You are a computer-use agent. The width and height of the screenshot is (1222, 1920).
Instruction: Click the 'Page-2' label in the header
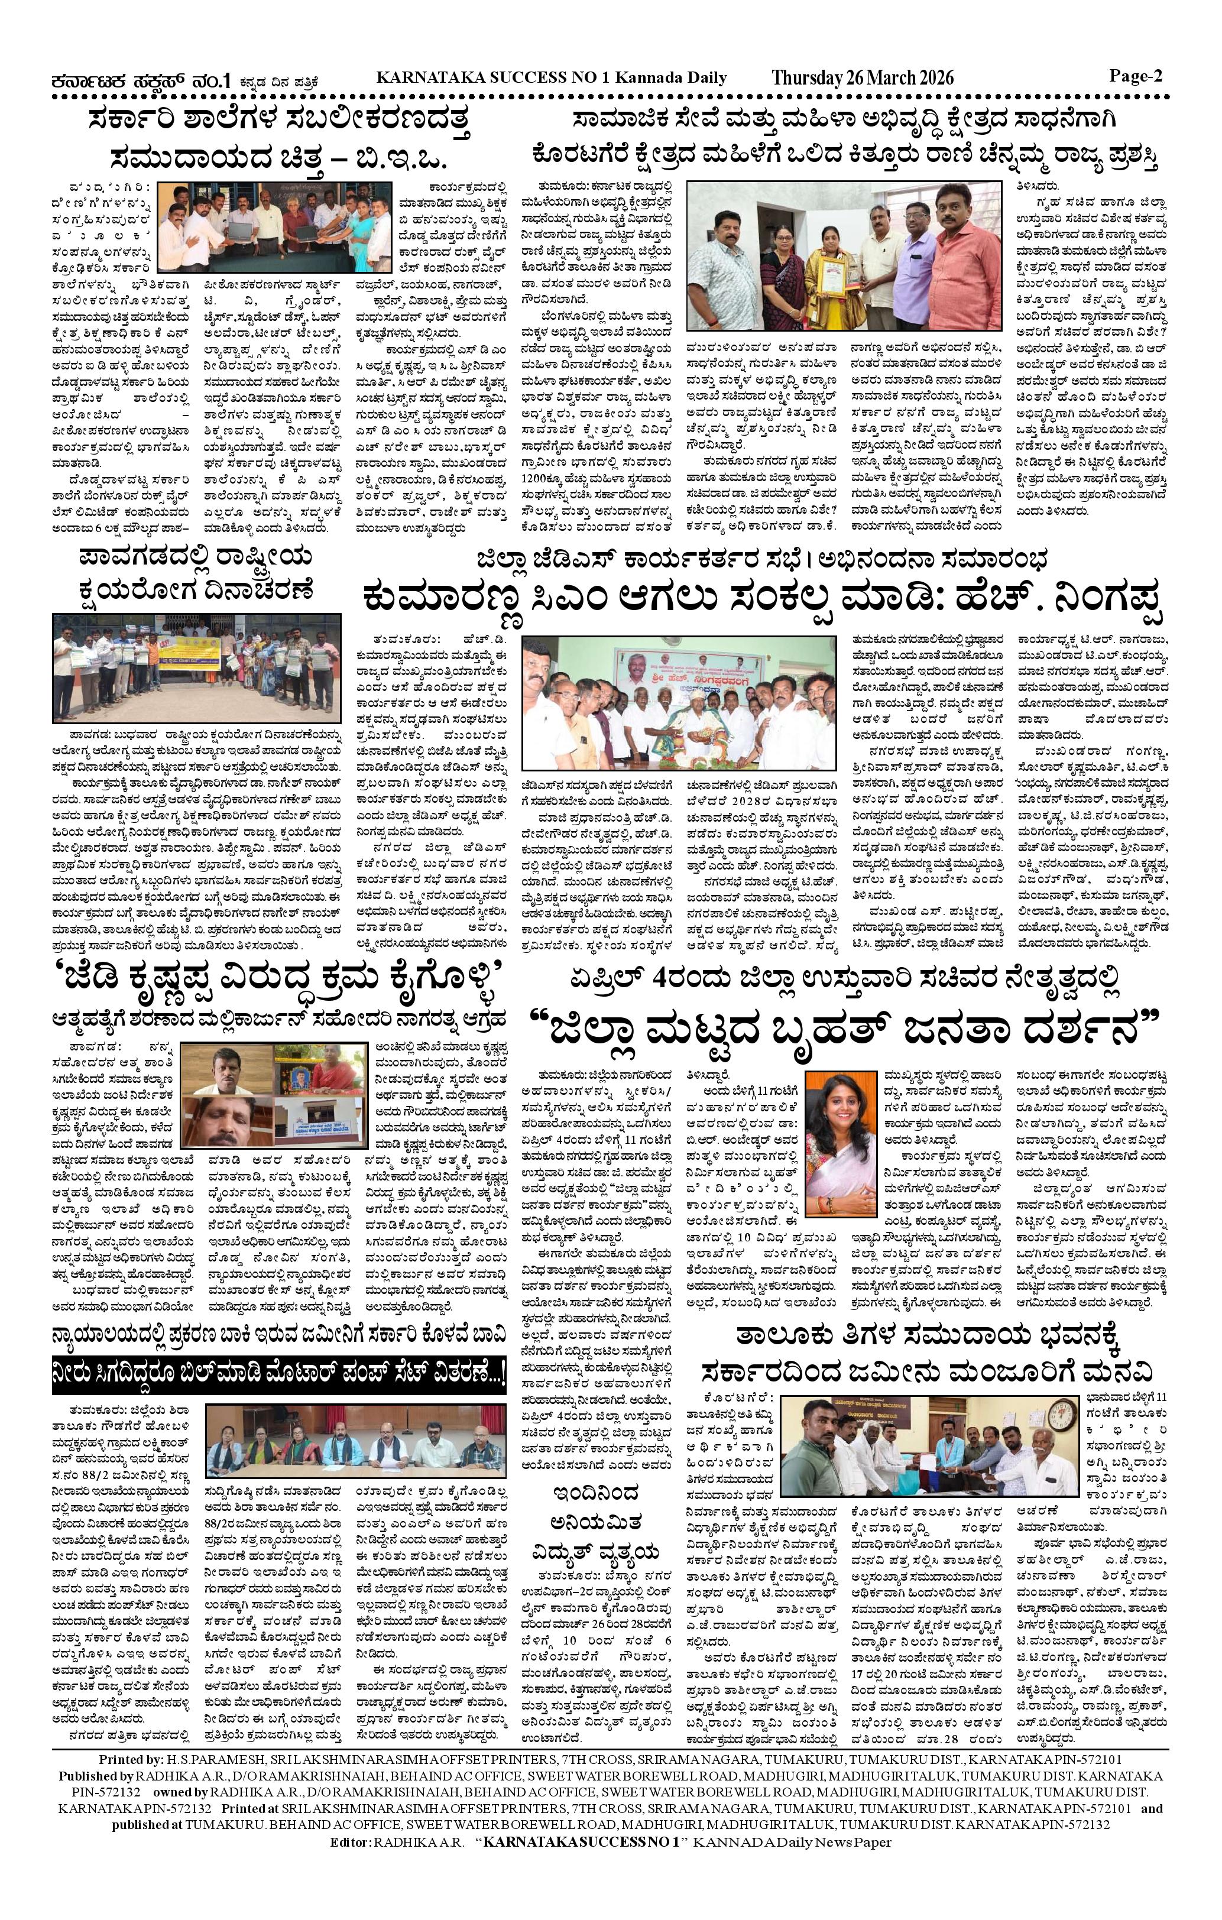click(x=1136, y=76)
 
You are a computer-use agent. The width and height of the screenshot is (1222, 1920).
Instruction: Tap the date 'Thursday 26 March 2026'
click(x=863, y=77)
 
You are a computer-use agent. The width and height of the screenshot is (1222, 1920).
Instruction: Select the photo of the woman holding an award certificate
click(x=845, y=257)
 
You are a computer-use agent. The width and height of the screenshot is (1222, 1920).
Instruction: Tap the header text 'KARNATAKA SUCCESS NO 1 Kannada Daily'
click(x=551, y=77)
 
